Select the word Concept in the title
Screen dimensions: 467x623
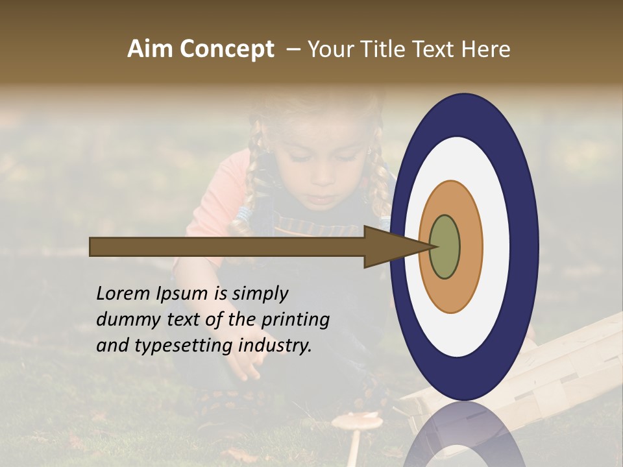(227, 50)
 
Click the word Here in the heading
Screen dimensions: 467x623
(485, 49)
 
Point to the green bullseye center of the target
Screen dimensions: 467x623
(445, 246)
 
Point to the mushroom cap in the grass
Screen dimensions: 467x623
(357, 422)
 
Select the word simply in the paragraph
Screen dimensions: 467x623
(260, 294)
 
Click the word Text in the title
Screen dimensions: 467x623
(432, 49)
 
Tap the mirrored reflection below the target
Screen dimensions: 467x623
(465, 435)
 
